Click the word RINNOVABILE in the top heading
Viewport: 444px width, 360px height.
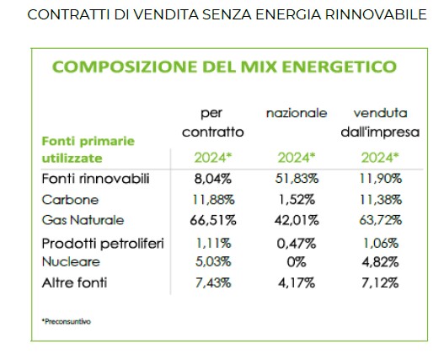[x=376, y=14]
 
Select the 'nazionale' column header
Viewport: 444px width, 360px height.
[x=297, y=113]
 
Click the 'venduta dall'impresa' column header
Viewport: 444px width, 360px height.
[x=380, y=122]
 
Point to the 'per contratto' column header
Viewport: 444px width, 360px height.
[x=213, y=122]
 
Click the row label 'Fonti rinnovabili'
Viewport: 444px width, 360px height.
[x=95, y=179]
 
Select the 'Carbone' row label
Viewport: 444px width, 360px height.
[x=70, y=200]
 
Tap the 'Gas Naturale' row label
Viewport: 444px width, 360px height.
[x=83, y=220]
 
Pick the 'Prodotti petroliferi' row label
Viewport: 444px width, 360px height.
[x=103, y=244]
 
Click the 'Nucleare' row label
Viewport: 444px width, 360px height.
[x=71, y=261]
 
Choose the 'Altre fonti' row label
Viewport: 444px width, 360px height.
[x=74, y=283]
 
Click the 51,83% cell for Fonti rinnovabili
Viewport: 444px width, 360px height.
[x=297, y=179]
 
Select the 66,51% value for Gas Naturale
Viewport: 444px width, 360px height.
[x=213, y=220]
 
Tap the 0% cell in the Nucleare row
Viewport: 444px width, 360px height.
[x=297, y=262]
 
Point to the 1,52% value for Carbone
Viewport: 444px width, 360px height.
[x=297, y=200]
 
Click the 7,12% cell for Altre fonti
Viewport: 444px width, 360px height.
[x=380, y=283]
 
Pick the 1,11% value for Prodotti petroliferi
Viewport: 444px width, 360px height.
[x=213, y=244]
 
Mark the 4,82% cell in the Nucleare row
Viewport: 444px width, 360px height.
[x=380, y=262]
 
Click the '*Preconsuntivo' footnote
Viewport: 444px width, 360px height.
[x=67, y=321]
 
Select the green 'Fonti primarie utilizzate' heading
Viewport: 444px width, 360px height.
[x=88, y=150]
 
